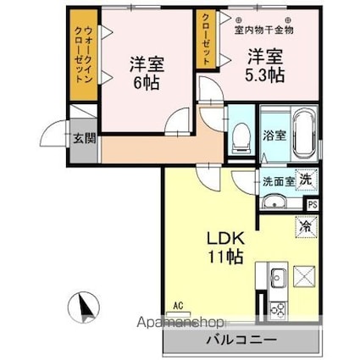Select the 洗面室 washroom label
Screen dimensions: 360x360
click(x=276, y=180)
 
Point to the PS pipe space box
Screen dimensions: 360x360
click(x=313, y=204)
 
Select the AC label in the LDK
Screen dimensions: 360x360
click(x=178, y=305)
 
